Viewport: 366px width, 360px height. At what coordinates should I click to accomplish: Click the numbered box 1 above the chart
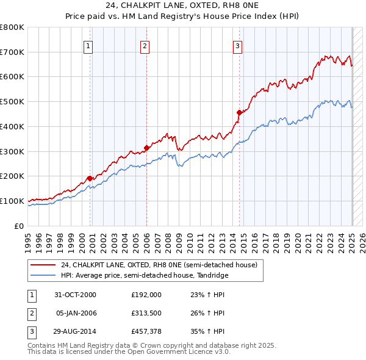pyautogui.click(x=88, y=45)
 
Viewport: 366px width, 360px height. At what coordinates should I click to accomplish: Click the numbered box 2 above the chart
pyautogui.click(x=145, y=45)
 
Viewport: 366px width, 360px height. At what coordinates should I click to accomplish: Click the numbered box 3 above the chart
pyautogui.click(x=237, y=45)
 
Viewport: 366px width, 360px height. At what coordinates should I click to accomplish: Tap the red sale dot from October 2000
pyautogui.click(x=90, y=178)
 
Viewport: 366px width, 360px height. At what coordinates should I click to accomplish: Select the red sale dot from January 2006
pyautogui.click(x=147, y=147)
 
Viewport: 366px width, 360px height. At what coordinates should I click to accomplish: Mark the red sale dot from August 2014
pyautogui.click(x=240, y=112)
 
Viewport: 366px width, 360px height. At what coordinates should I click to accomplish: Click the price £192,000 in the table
pyautogui.click(x=146, y=294)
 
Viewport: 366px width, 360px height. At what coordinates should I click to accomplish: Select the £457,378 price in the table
pyautogui.click(x=146, y=333)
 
